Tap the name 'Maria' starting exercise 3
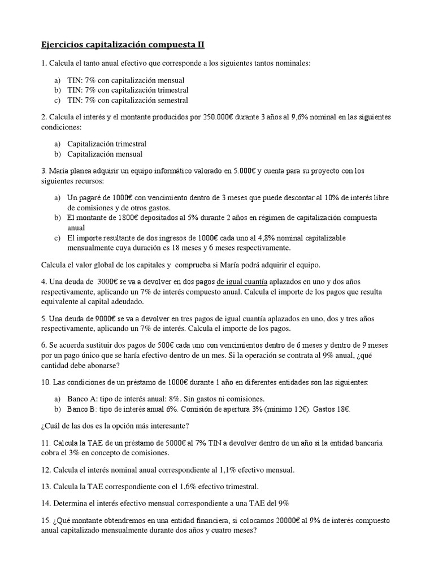[60, 170]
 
